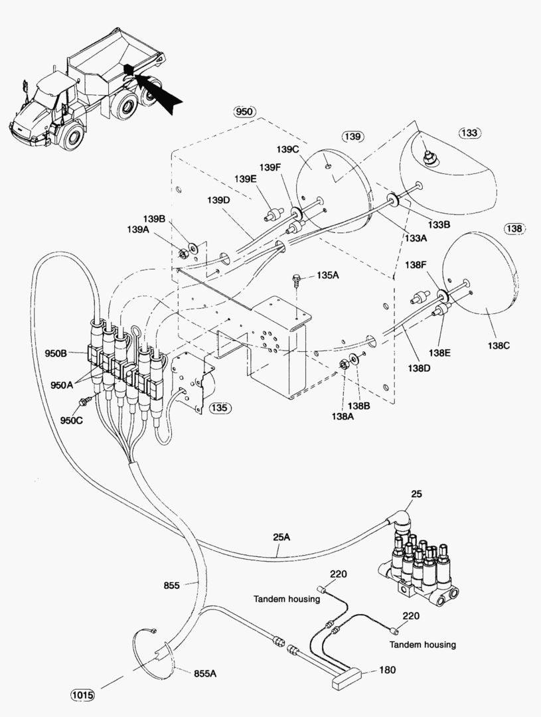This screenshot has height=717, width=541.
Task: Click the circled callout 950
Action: pos(244,112)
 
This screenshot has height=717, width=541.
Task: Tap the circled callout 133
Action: pos(469,133)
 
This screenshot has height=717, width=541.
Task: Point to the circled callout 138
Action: pos(515,228)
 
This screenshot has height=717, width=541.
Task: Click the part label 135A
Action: pos(328,275)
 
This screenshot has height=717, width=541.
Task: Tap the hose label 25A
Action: pos(281,537)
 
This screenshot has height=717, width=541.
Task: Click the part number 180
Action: pos(388,670)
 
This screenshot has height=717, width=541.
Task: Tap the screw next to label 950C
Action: pos(85,401)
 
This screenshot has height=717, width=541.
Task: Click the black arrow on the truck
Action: pos(157,94)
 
